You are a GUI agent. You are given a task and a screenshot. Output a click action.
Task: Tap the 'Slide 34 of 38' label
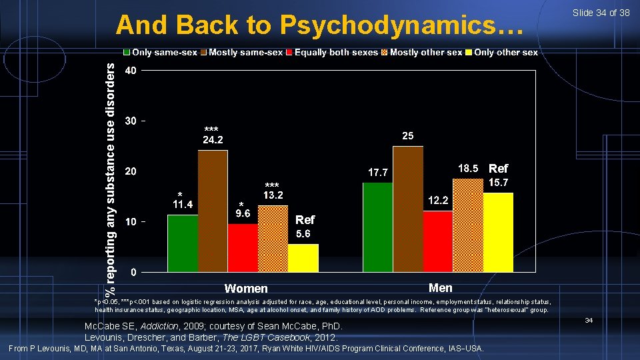tap(601, 13)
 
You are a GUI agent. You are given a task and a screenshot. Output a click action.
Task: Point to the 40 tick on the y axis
tap(132, 71)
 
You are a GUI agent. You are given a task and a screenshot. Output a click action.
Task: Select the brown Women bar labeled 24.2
tap(213, 211)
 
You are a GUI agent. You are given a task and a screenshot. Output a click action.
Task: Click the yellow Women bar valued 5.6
tap(303, 257)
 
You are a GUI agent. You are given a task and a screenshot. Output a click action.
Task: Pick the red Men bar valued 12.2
tap(437, 241)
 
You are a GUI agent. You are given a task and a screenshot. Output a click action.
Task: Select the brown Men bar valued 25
tap(407, 209)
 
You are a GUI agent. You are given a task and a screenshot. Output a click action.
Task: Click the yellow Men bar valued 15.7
tap(498, 232)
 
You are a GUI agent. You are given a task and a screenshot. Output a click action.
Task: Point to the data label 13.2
tap(273, 195)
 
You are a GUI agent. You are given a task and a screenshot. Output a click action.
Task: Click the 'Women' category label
tap(246, 289)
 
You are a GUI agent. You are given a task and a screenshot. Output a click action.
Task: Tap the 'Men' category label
tap(441, 288)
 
